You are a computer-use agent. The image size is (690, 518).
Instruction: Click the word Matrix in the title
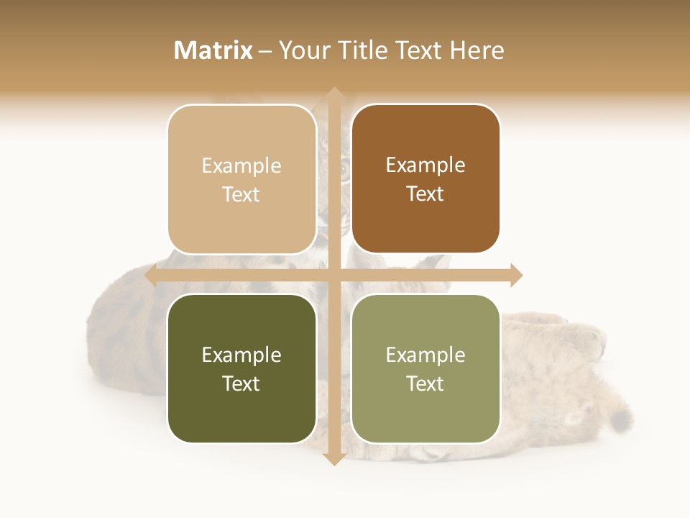(213, 50)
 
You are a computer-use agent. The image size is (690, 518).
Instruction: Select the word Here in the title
(477, 50)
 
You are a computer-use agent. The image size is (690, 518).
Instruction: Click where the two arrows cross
(333, 275)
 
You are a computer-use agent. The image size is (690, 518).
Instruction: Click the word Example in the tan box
(241, 166)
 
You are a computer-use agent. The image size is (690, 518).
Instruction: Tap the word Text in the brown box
(425, 194)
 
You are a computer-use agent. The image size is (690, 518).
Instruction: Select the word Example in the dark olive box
(241, 355)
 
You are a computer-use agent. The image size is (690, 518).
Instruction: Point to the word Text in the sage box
(425, 384)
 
